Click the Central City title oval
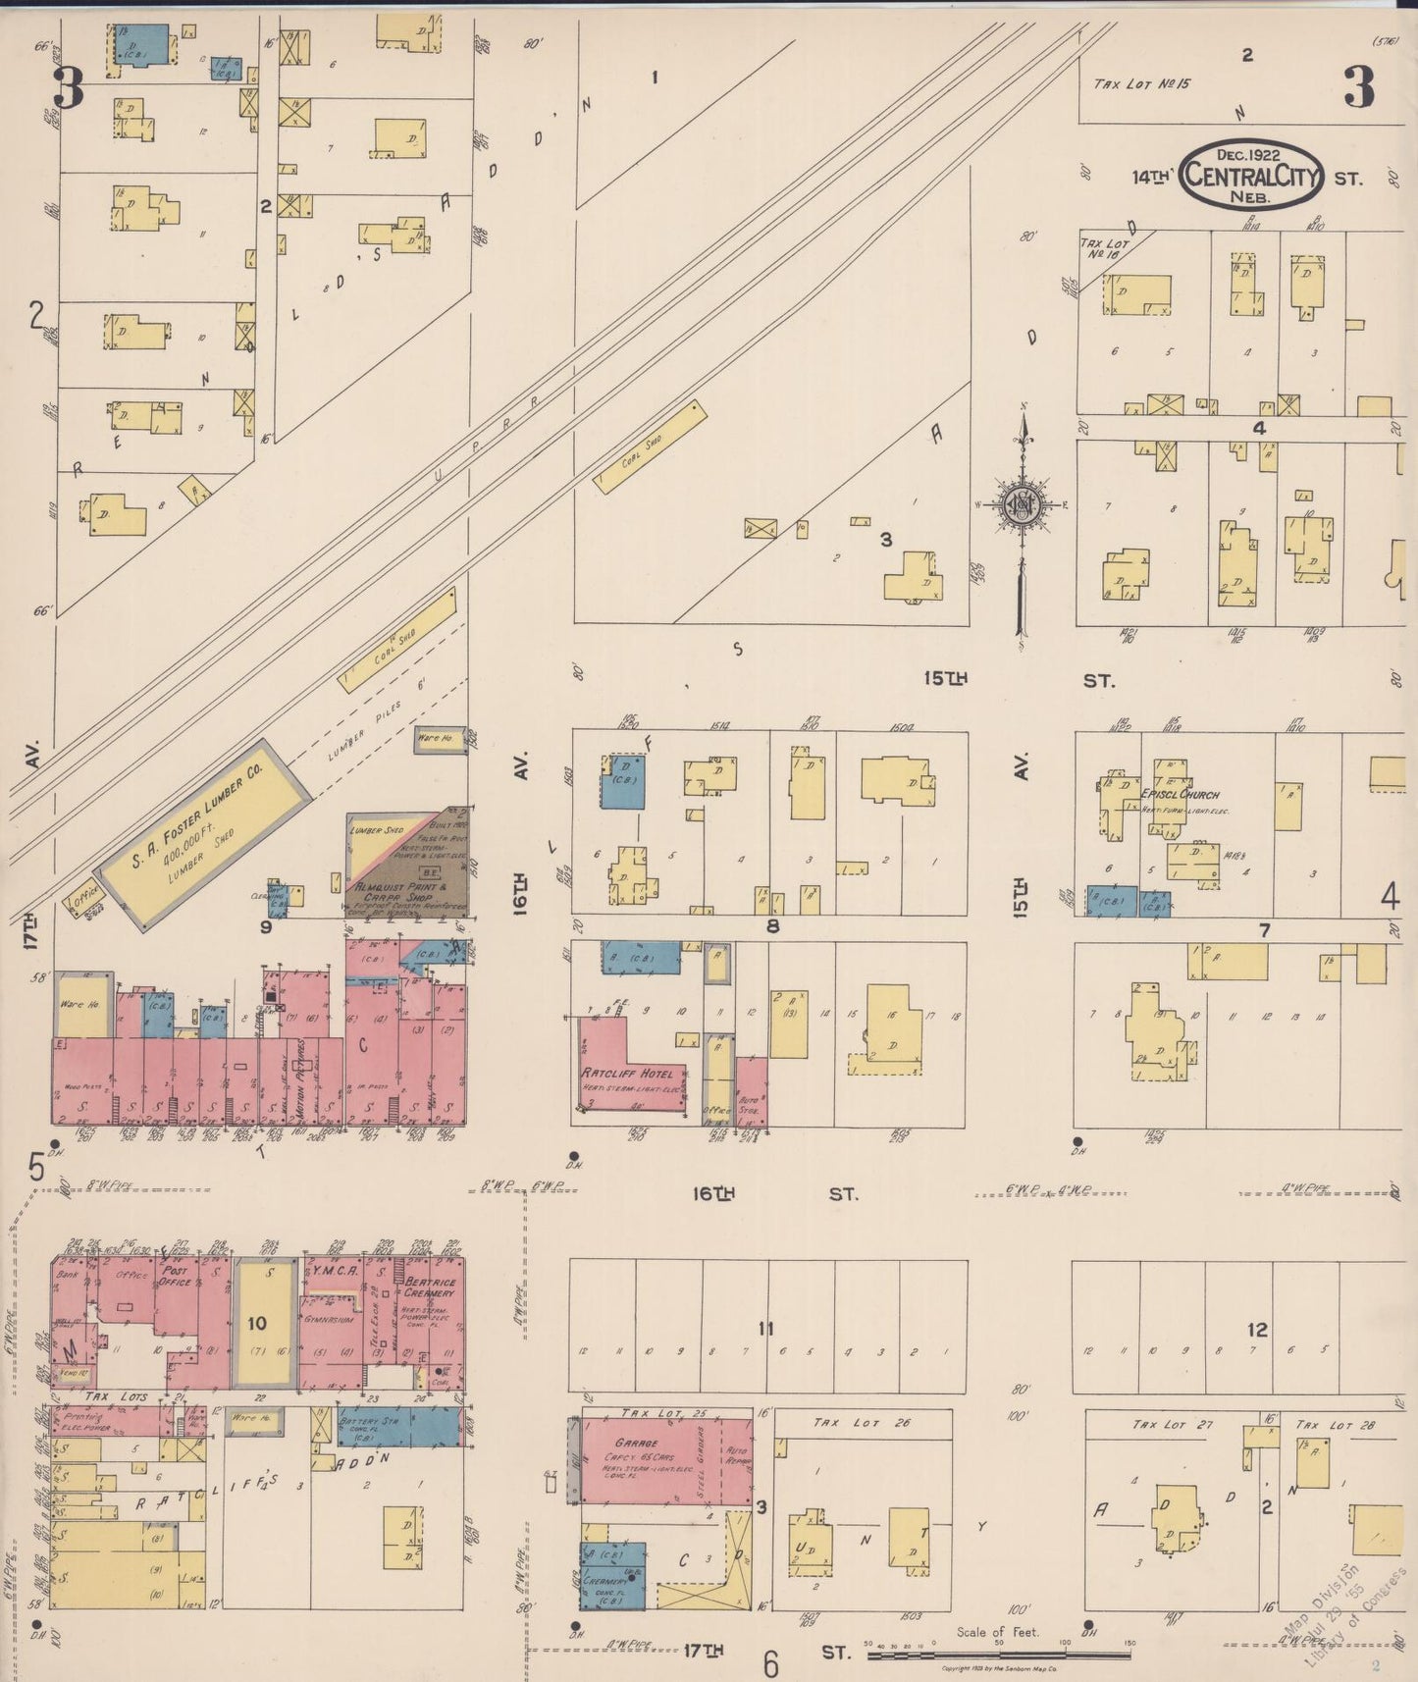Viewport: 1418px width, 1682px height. tap(1250, 175)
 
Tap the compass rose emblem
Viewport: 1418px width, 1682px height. tap(1023, 505)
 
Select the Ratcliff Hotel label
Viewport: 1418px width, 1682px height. tap(627, 1073)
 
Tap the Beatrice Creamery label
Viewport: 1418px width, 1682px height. tap(431, 1288)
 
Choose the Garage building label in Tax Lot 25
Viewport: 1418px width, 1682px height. tap(636, 1444)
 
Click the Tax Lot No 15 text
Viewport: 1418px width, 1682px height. tap(1142, 84)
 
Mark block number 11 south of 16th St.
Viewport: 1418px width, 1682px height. tap(765, 1329)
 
